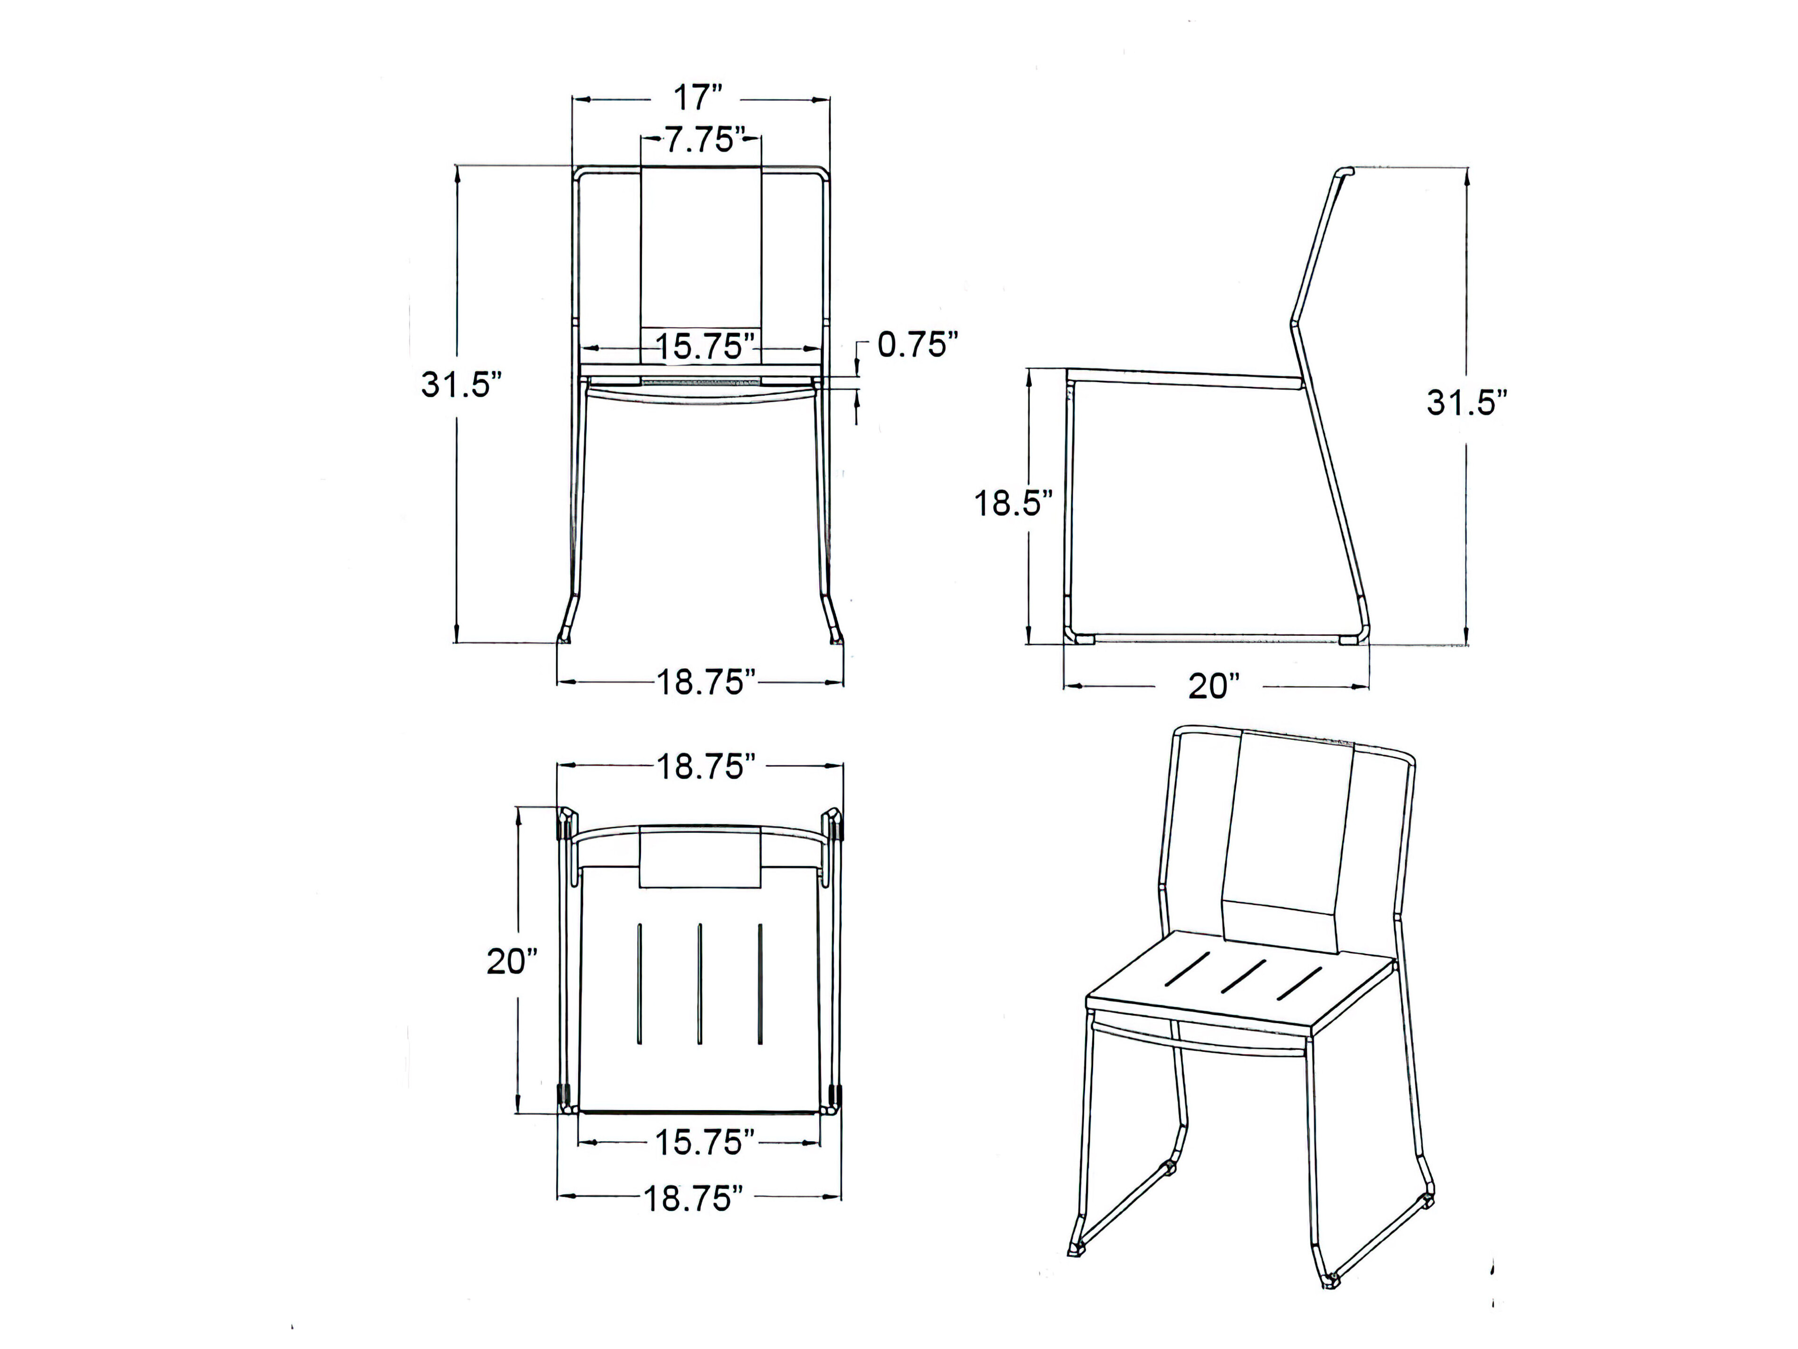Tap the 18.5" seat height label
pos(1013,504)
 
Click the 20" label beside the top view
pos(512,962)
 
